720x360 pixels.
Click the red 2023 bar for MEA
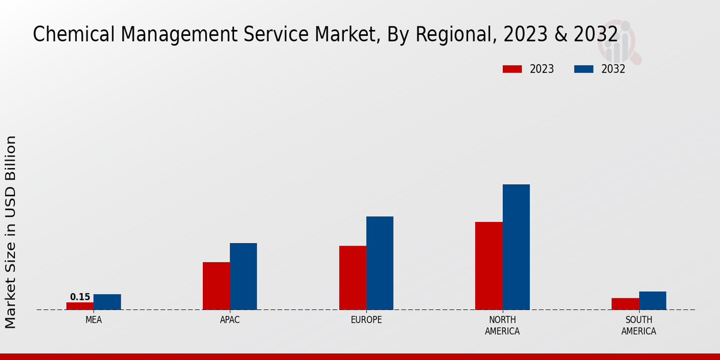point(80,306)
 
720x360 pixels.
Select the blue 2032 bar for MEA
point(107,302)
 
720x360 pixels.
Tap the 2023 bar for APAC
point(216,286)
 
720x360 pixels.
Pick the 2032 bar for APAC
point(243,276)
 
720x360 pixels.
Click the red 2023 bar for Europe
point(352,278)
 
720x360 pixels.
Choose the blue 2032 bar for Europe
point(380,263)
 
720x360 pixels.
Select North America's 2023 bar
point(488,266)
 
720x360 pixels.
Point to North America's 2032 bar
point(516,247)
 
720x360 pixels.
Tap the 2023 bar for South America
point(625,304)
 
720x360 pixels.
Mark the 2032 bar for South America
point(652,301)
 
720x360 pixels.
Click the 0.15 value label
point(80,297)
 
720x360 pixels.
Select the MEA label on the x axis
point(94,320)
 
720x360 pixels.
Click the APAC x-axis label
point(230,320)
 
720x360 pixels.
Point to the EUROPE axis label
point(366,320)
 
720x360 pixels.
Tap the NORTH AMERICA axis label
point(502,326)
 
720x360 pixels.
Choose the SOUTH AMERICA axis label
point(638,326)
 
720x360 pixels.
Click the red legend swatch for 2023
point(512,69)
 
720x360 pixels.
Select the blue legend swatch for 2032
point(583,69)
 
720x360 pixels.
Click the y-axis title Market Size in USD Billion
point(11,232)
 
